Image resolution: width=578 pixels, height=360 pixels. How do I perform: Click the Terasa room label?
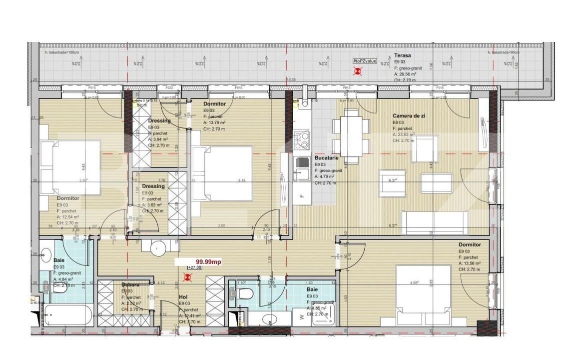click(x=402, y=55)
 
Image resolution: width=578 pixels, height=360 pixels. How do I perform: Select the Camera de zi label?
click(x=409, y=115)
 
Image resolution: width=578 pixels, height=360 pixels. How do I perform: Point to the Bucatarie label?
click(x=327, y=157)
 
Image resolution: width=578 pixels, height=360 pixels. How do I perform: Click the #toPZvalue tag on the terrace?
click(x=364, y=60)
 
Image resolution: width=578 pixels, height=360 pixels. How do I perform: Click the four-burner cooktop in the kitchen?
click(x=301, y=141)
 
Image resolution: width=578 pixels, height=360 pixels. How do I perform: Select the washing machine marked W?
click(x=301, y=316)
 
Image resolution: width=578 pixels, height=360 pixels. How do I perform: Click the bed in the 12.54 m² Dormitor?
click(x=69, y=169)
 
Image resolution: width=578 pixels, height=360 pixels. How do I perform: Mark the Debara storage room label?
click(x=130, y=284)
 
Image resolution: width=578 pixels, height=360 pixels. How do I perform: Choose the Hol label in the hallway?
click(x=183, y=297)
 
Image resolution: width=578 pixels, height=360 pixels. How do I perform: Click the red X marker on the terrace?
click(x=358, y=71)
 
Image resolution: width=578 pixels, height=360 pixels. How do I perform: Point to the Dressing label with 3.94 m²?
click(x=159, y=120)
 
